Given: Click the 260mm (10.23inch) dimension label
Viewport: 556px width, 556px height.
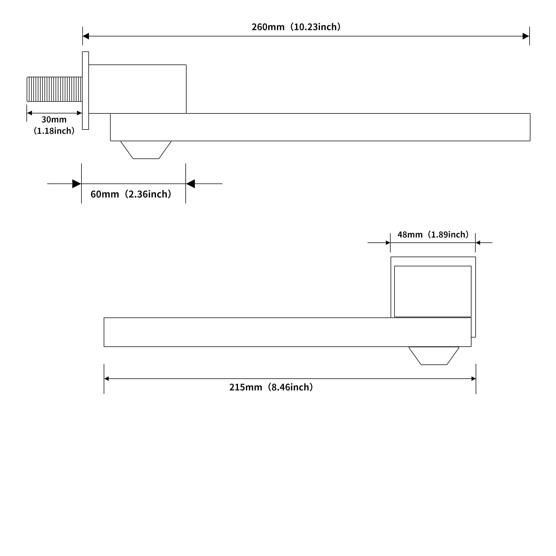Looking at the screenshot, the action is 296,27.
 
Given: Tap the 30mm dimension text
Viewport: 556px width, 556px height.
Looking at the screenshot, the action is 54,119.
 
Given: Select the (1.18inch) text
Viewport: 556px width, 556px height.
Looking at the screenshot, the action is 54,131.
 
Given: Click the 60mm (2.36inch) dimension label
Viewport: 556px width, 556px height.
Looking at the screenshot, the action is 131,194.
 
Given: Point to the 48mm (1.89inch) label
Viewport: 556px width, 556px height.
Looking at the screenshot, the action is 433,235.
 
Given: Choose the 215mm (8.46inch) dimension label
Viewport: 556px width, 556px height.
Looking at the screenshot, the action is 271,387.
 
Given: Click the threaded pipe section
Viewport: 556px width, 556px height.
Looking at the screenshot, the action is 54,89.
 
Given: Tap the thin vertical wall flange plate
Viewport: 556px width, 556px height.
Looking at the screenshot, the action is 85,91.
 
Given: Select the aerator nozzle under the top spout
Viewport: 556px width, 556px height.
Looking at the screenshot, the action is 146,150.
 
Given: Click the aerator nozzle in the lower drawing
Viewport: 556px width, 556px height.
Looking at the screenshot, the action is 434,356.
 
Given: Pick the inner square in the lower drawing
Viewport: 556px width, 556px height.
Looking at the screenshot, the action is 433,291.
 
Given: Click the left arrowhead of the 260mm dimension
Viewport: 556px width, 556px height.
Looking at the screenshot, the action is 86,36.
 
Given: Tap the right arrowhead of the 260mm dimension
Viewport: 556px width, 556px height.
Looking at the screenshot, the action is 526,36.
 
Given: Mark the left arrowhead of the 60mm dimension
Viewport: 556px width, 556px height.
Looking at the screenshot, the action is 77,183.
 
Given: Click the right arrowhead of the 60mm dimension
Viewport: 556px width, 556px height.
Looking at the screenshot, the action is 190,183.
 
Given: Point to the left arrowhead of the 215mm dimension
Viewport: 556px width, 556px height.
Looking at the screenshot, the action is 106,379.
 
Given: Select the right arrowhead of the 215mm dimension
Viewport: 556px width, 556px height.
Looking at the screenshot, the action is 473,379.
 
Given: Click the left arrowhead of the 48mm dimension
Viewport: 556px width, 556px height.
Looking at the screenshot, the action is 388,243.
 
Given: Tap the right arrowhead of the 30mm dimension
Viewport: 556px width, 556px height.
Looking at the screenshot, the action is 80,113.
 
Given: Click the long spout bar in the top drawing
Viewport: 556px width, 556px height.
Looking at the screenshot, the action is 320,127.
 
